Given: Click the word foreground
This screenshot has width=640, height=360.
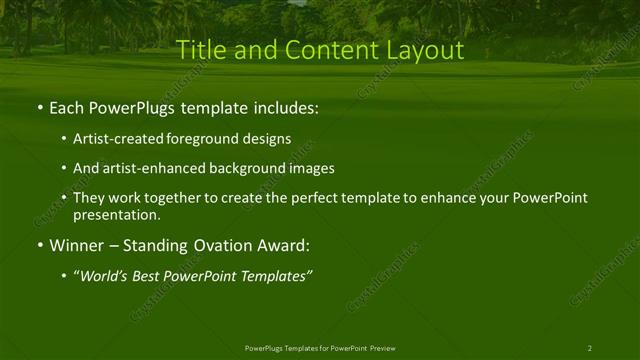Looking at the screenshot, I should (x=211, y=140).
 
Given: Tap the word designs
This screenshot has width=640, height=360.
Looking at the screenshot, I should (x=268, y=140).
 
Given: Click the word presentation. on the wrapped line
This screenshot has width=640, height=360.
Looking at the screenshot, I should (x=117, y=215).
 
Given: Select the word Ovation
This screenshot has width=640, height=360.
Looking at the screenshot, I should (x=219, y=245).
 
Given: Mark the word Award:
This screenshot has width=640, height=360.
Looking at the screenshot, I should (x=286, y=245).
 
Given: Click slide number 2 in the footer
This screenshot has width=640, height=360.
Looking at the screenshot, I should (x=590, y=348).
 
